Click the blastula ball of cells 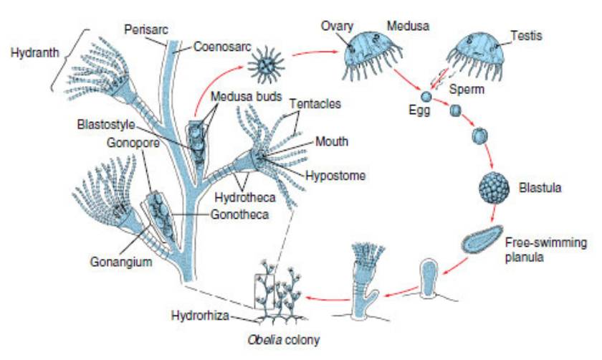pos(494,189)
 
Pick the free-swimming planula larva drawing pos(483,239)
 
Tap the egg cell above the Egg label pos(426,96)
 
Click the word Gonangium pos(120,262)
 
